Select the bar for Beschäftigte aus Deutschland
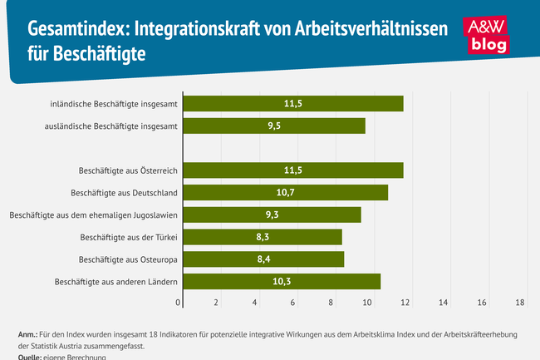(x=285, y=192)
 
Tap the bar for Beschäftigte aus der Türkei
(x=262, y=237)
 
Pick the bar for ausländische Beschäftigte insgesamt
(x=273, y=126)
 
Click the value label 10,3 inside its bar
(x=282, y=282)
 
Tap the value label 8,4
(x=263, y=259)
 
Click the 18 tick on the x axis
(x=520, y=303)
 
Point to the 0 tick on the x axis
(x=178, y=303)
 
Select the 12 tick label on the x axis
(x=406, y=303)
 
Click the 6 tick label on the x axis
(x=292, y=303)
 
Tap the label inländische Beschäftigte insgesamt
(x=114, y=104)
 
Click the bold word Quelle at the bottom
(x=32, y=356)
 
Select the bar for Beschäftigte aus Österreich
(x=292, y=170)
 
